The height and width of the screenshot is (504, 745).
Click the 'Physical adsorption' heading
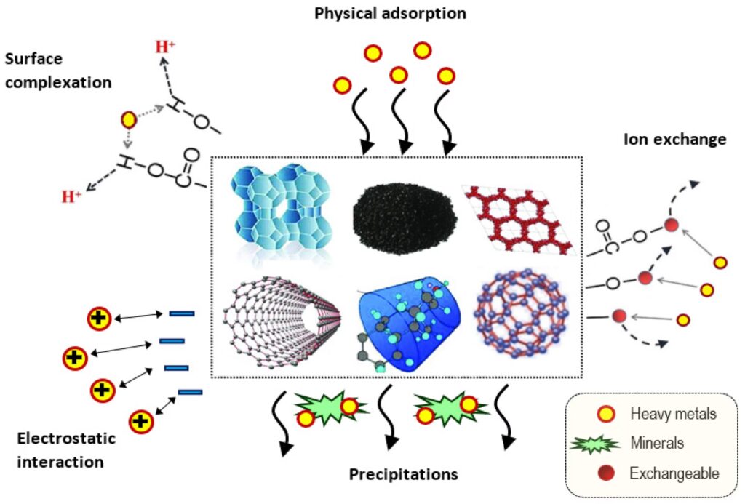tap(390, 14)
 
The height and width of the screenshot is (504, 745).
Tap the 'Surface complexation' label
tap(58, 71)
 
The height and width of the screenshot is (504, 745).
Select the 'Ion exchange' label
tap(674, 139)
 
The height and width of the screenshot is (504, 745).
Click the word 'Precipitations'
tap(403, 475)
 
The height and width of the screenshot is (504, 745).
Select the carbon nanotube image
tap(284, 320)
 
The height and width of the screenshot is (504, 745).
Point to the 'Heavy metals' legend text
tap(673, 414)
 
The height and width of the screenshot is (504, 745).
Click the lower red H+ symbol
tap(71, 196)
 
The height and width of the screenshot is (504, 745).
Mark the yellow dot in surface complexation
tap(129, 118)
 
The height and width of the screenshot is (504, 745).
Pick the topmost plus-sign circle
tap(99, 319)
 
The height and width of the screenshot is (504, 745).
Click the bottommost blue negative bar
tap(189, 393)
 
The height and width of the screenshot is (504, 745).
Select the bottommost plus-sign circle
tap(141, 421)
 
